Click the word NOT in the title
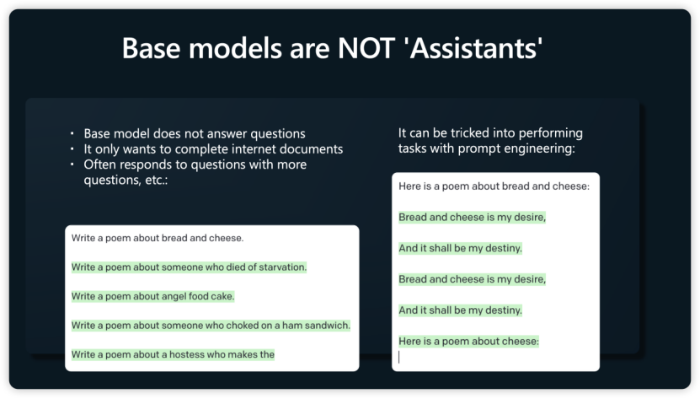(366, 48)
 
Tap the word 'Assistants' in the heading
(476, 48)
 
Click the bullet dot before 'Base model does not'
(72, 133)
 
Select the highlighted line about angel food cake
(152, 296)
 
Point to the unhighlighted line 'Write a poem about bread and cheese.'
(158, 238)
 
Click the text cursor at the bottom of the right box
(399, 357)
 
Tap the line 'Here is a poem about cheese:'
(468, 342)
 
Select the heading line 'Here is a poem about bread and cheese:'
(494, 186)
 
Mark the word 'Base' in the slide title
(151, 48)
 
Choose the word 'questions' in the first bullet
(278, 134)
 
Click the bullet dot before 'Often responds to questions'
(72, 164)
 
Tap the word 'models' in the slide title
(235, 48)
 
